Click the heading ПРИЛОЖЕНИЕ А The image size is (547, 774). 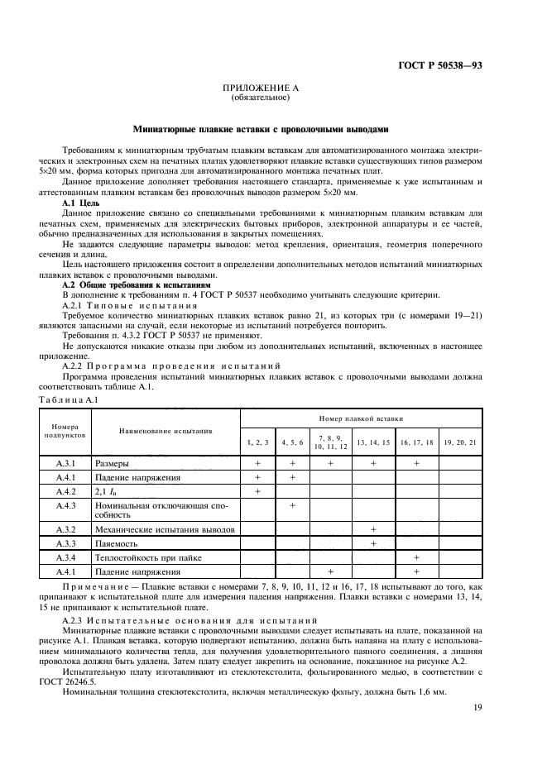point(261,88)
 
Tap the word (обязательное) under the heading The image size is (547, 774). point(261,98)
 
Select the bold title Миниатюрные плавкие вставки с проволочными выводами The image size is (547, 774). point(261,129)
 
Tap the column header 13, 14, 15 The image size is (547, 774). point(373,442)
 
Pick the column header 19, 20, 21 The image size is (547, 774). point(460,442)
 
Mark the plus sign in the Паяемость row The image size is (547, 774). point(373,543)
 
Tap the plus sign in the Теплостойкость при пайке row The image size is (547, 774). point(417,557)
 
